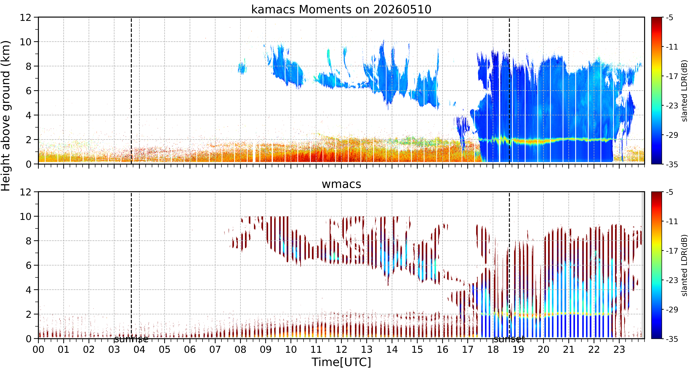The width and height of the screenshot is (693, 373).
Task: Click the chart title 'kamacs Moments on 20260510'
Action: pyautogui.click(x=341, y=9)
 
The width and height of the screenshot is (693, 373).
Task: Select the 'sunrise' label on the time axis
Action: pyautogui.click(x=131, y=339)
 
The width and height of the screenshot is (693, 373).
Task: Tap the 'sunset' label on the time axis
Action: pyautogui.click(x=509, y=339)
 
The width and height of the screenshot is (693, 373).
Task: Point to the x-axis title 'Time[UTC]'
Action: pyautogui.click(x=341, y=362)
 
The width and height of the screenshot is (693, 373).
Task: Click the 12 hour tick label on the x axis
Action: pyautogui.click(x=341, y=350)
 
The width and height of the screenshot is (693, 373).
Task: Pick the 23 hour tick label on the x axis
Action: pyautogui.click(x=619, y=350)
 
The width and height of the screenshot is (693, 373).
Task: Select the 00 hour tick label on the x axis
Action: pyautogui.click(x=38, y=350)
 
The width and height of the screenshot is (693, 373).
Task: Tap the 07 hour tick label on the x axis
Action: pyautogui.click(x=215, y=350)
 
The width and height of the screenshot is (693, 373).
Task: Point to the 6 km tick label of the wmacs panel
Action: pyautogui.click(x=28, y=265)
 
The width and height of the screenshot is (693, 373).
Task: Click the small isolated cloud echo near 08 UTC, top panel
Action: pyautogui.click(x=242, y=68)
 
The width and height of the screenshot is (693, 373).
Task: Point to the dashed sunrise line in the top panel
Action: pyautogui.click(x=131, y=91)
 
